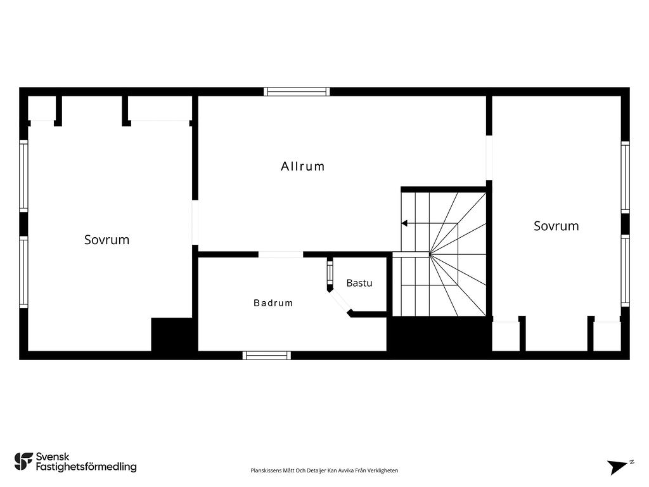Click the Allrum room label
[302, 167]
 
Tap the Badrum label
[273, 303]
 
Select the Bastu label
[359, 283]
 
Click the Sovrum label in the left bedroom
[106, 240]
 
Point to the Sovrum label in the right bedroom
[556, 226]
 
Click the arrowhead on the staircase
[404, 224]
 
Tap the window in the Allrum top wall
[297, 91]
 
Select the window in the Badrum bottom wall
[267, 355]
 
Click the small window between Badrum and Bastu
[330, 273]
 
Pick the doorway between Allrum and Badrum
[281, 254]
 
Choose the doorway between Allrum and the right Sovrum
[489, 158]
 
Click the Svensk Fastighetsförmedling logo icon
[23, 462]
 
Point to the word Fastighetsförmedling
[86, 467]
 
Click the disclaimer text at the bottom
[324, 471]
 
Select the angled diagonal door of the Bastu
[340, 301]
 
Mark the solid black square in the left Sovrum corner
[172, 335]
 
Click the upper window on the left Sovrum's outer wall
[23, 176]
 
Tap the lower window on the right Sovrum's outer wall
[626, 270]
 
